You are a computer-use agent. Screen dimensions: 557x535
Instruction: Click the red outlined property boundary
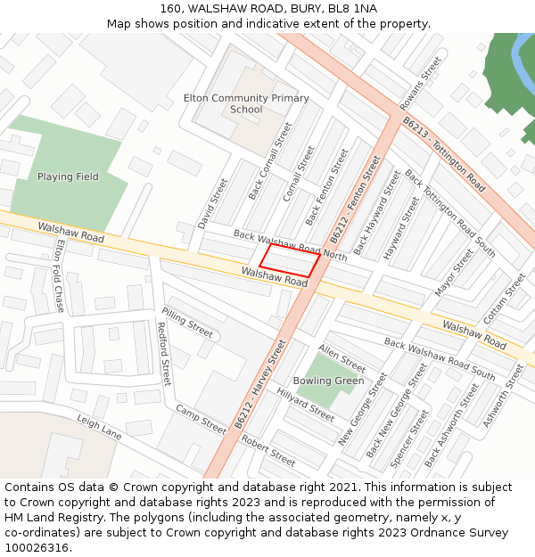pyautogui.click(x=290, y=260)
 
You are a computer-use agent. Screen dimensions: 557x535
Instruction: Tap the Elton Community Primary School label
pyautogui.click(x=245, y=103)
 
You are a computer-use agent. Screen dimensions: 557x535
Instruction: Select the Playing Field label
pyautogui.click(x=68, y=176)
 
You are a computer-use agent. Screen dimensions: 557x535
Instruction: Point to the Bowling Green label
pyautogui.click(x=329, y=381)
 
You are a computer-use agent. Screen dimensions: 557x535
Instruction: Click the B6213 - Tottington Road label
pyautogui.click(x=443, y=155)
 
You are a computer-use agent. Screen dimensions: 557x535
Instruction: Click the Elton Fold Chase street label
pyautogui.click(x=60, y=275)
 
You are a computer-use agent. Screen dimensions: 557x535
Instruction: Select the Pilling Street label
pyautogui.click(x=187, y=323)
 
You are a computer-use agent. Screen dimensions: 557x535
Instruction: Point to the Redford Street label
pyautogui.click(x=163, y=353)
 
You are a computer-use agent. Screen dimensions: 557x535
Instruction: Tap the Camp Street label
pyautogui.click(x=201, y=419)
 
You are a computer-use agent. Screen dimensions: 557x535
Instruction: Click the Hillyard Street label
pyautogui.click(x=305, y=404)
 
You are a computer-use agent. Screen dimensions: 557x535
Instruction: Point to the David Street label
pyautogui.click(x=212, y=201)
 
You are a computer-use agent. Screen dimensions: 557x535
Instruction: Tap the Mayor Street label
pyautogui.click(x=454, y=273)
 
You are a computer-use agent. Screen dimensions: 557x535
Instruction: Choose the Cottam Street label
pyautogui.click(x=504, y=299)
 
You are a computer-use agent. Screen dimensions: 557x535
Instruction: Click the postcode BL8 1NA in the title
pyautogui.click(x=353, y=8)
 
